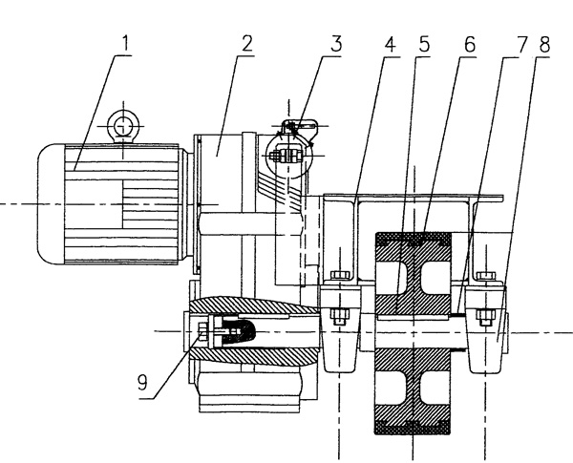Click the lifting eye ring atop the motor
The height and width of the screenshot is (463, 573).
(x=121, y=124)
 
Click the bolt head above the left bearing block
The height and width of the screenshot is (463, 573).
(x=337, y=279)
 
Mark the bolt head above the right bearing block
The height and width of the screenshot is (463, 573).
(x=485, y=279)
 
